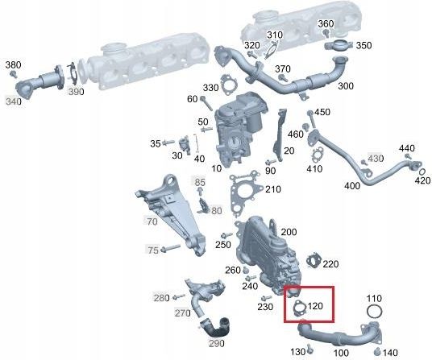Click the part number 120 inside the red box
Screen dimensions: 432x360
(315, 306)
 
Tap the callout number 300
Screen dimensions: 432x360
(346, 86)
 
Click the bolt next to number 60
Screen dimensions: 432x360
(206, 103)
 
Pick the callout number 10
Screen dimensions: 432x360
(217, 168)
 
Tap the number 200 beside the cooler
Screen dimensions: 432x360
(289, 232)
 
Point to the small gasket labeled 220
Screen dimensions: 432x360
(314, 261)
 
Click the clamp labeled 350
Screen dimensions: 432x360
(339, 45)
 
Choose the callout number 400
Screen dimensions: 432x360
(352, 186)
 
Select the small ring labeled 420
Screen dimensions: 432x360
(422, 172)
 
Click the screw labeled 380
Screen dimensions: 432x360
(13, 74)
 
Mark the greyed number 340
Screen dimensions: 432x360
(14, 101)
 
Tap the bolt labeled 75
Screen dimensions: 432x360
(171, 248)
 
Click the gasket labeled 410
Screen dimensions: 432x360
(317, 155)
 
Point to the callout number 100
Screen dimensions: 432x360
(341, 353)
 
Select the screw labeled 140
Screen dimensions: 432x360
(378, 352)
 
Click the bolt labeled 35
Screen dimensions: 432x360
(168, 143)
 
